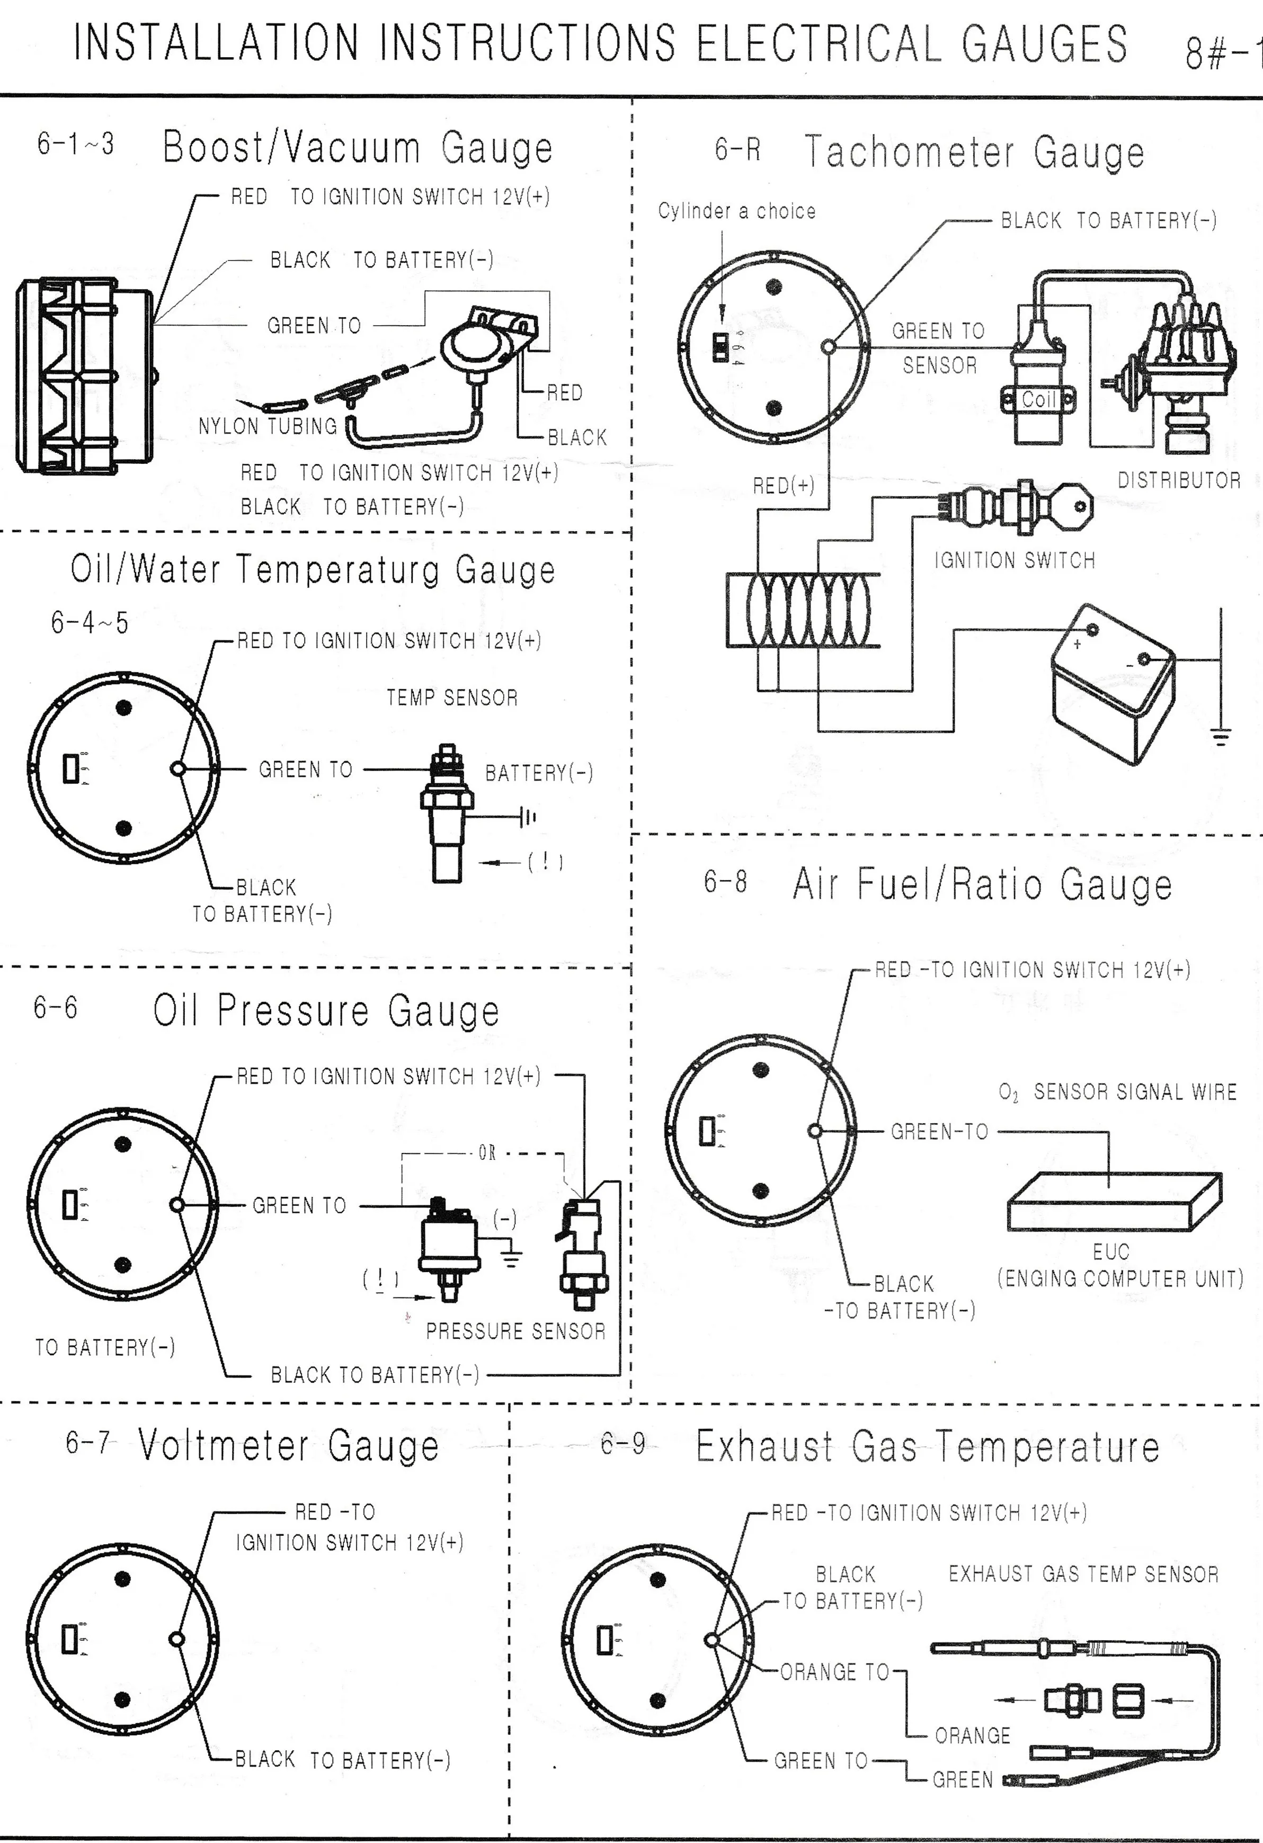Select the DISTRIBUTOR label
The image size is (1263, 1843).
coord(1179,480)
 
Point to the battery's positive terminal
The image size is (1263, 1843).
coord(1092,630)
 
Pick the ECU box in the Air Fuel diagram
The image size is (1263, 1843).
coord(1114,1202)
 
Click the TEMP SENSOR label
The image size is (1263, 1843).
coord(452,698)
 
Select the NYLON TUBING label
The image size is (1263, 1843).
coord(268,427)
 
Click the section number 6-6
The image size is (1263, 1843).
coord(56,1008)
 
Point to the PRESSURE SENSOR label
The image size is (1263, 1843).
coord(515,1331)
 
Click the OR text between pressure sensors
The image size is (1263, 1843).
coord(487,1153)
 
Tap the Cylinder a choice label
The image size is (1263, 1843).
coord(736,211)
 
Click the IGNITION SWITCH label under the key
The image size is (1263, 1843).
coord(1014,561)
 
